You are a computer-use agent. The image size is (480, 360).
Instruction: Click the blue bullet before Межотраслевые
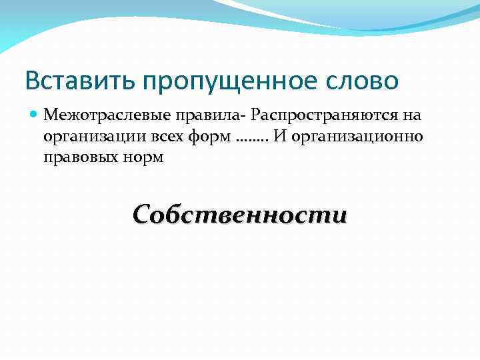[x=35, y=115]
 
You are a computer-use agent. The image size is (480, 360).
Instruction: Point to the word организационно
[x=358, y=137]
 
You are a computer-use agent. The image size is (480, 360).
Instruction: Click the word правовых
[x=78, y=159]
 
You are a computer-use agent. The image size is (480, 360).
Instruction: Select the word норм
[x=140, y=159]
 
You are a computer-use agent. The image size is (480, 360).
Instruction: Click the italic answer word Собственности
[x=240, y=215]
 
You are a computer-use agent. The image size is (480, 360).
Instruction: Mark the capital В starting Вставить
[x=32, y=81]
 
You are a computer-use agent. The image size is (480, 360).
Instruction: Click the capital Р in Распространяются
[x=257, y=115]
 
